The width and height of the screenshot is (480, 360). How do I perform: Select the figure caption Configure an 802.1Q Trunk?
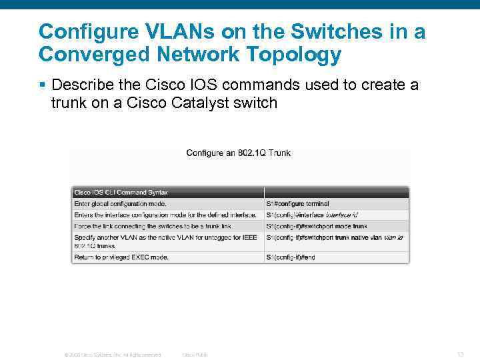click(x=238, y=153)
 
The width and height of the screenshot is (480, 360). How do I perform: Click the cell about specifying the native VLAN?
click(x=163, y=241)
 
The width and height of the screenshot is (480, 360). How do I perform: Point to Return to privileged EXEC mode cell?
click(x=121, y=257)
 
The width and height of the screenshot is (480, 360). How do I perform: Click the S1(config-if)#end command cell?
click(x=291, y=257)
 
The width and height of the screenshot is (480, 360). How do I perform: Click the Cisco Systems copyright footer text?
click(x=113, y=355)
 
